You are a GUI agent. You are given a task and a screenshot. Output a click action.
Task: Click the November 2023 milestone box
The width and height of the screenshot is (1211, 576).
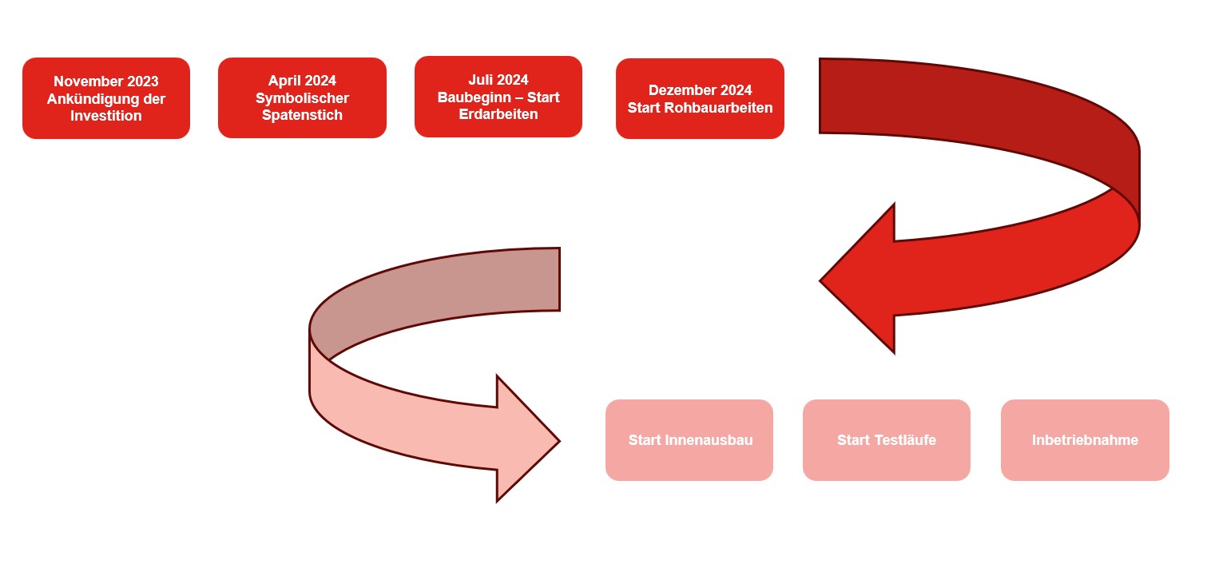106,97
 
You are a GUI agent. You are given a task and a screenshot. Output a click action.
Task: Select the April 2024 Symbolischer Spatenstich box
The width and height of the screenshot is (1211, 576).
302,97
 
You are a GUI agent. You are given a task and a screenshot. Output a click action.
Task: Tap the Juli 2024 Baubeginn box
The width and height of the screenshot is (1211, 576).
498,97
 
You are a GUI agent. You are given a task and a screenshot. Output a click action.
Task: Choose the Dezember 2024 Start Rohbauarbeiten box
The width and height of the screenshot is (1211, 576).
700,98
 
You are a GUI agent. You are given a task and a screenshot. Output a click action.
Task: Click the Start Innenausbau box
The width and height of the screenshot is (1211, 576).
689,440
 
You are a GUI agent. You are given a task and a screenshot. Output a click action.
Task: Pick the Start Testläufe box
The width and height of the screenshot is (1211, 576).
887,440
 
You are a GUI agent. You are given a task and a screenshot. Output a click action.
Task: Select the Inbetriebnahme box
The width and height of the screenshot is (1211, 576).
1085,440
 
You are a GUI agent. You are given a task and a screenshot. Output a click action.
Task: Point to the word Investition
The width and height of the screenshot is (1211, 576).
106,116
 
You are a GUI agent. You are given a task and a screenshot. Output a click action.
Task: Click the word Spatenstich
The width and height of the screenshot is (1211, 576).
302,115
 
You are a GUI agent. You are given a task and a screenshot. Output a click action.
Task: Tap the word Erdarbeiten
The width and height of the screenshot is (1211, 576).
498,114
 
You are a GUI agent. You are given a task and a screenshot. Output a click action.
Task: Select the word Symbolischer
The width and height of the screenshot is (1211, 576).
302,98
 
